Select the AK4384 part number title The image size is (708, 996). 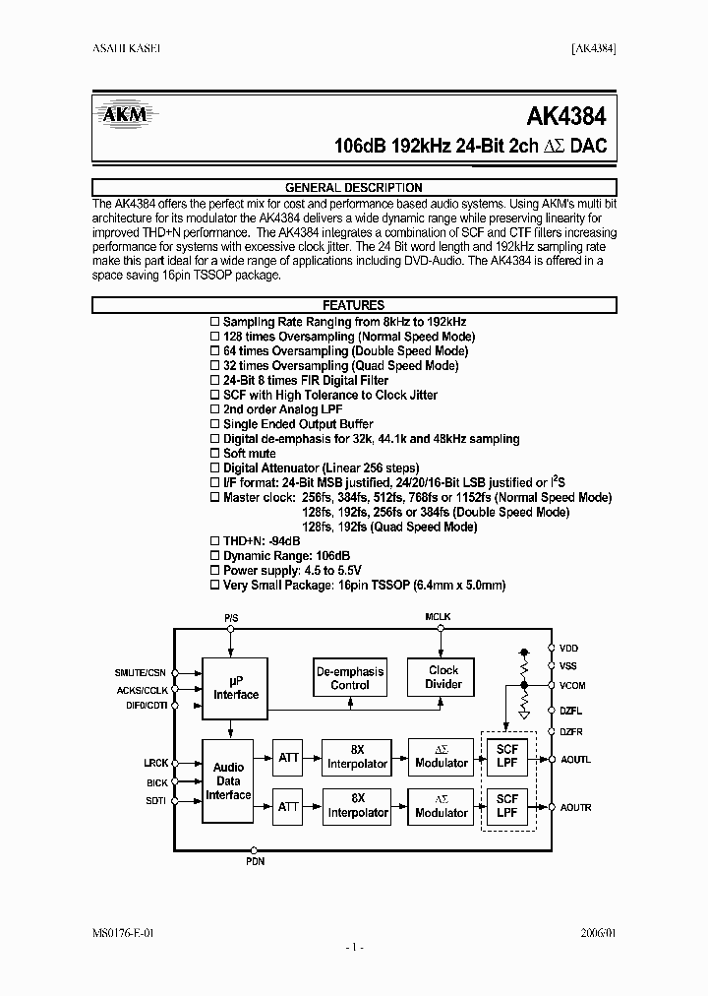click(565, 116)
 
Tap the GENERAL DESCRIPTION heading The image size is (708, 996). click(353, 187)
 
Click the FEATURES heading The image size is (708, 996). click(353, 306)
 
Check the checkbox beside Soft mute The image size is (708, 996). click(215, 454)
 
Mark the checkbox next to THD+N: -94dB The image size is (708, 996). click(215, 541)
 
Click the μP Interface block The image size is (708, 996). click(236, 688)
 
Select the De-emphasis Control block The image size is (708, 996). click(350, 678)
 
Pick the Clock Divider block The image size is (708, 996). click(442, 677)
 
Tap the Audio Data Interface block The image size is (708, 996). click(229, 780)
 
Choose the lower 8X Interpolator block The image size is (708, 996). click(358, 806)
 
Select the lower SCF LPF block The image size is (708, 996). click(506, 806)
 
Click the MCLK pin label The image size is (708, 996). click(438, 617)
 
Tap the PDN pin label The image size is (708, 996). click(255, 861)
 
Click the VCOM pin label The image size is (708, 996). click(572, 684)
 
